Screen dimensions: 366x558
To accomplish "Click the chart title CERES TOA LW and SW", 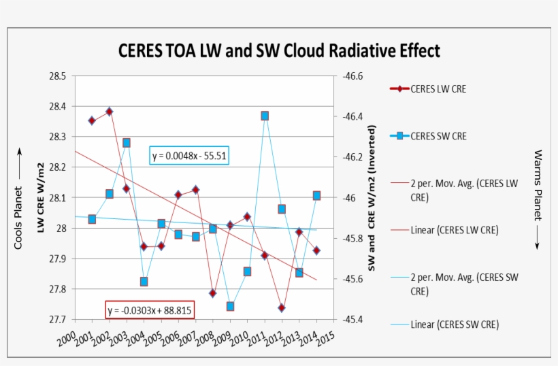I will point(279,51).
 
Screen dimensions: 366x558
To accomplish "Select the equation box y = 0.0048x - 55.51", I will point(189,156).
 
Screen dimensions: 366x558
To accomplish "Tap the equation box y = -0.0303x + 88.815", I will point(150,310).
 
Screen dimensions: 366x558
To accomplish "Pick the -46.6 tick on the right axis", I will point(352,76).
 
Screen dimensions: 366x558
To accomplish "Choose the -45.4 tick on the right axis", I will point(352,319).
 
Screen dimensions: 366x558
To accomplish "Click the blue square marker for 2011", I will point(265,116).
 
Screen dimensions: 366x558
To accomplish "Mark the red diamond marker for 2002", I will point(109,112).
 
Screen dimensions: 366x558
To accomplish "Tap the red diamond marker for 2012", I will point(282,307).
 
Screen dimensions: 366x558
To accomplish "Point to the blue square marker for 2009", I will point(230,306).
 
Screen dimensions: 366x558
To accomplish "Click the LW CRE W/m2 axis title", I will point(41,198).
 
